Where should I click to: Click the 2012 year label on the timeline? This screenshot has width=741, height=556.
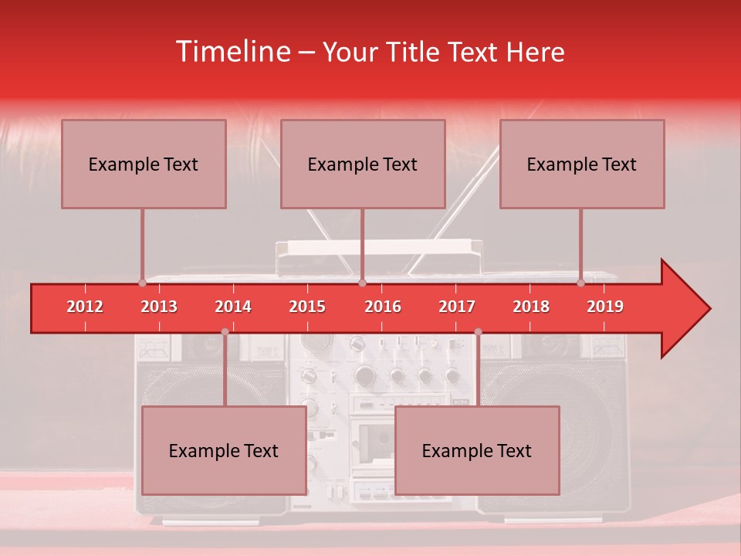(85, 307)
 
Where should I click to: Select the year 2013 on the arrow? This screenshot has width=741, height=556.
(159, 307)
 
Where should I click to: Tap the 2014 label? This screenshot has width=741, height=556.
(233, 307)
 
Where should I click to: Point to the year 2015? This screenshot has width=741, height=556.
(307, 307)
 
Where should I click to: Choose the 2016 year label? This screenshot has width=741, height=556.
(383, 307)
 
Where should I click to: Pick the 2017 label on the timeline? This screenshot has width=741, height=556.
(457, 307)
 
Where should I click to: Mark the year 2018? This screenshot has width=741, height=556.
(531, 307)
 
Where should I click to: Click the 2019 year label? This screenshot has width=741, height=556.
(605, 307)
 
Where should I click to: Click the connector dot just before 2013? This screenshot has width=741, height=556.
(142, 283)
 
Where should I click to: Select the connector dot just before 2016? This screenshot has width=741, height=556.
(362, 283)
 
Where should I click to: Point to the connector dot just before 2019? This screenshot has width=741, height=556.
(581, 283)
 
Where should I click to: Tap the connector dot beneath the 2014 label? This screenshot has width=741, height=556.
(225, 332)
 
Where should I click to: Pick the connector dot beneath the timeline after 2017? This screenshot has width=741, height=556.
(478, 332)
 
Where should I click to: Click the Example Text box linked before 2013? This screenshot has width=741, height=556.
(144, 164)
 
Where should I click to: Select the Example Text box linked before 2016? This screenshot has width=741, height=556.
(363, 164)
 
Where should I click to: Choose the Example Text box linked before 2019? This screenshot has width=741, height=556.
(582, 164)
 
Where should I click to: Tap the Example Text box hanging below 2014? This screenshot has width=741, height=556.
(224, 450)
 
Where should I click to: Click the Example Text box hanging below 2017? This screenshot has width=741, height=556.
(477, 450)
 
